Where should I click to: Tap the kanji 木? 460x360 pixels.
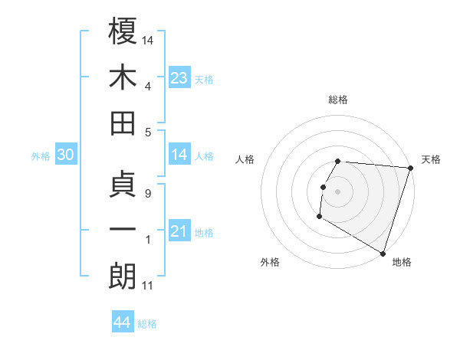123,77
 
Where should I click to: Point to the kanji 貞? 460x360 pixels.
123,184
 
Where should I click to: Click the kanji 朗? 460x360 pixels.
123,277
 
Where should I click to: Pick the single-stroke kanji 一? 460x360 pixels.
123,231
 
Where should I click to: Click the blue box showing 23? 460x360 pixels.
179,78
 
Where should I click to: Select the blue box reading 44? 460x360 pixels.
122,322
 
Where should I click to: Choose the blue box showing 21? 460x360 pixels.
179,231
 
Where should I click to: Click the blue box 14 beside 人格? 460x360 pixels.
179,155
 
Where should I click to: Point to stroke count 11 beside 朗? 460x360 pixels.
147,286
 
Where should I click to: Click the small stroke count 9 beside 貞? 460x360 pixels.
147,193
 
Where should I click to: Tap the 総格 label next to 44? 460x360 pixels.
147,324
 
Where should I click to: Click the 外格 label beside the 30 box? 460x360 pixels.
41,156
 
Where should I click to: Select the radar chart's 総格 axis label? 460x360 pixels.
338,100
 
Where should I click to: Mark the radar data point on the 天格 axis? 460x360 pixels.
410,168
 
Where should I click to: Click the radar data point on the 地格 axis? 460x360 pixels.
382,253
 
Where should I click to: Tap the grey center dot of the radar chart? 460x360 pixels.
338,191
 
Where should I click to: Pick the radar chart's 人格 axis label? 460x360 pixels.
246,159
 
